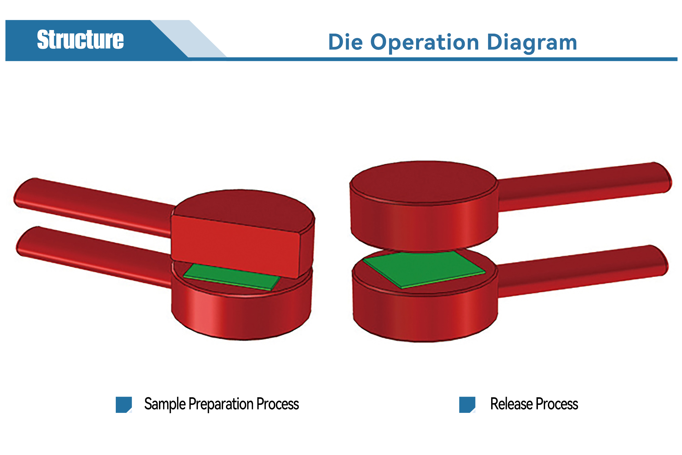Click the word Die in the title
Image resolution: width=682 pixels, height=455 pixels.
[345, 42]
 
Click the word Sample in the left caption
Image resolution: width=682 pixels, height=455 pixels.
[165, 404]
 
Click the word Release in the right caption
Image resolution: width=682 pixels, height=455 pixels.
[511, 404]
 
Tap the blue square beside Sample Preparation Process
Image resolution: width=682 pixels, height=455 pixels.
[124, 405]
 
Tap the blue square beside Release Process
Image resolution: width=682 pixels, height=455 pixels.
[467, 405]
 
